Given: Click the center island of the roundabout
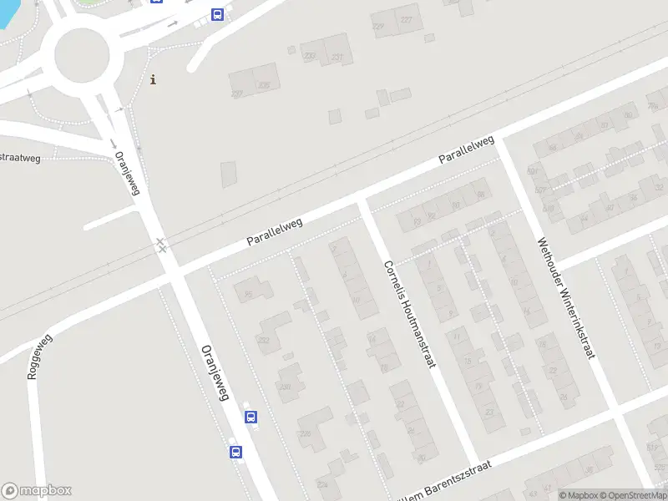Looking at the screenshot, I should pyautogui.click(x=82, y=55).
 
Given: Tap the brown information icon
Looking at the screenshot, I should pyautogui.click(x=153, y=80).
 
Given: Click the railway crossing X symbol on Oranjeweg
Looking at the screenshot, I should pyautogui.click(x=160, y=245).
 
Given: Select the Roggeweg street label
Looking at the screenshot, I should pyautogui.click(x=39, y=357).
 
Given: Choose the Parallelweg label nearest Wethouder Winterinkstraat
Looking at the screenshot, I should pyautogui.click(x=468, y=149).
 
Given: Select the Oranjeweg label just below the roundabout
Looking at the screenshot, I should pyautogui.click(x=126, y=172).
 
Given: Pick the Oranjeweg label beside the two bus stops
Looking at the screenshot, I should pyautogui.click(x=214, y=372).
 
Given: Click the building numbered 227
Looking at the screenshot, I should pyautogui.click(x=406, y=20).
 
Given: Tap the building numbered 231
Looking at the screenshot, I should pyautogui.click(x=337, y=57).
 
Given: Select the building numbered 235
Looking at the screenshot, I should pyautogui.click(x=264, y=84).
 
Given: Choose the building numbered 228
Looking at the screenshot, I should pyautogui.click(x=306, y=433).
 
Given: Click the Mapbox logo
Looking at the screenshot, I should pyautogui.click(x=37, y=491).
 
